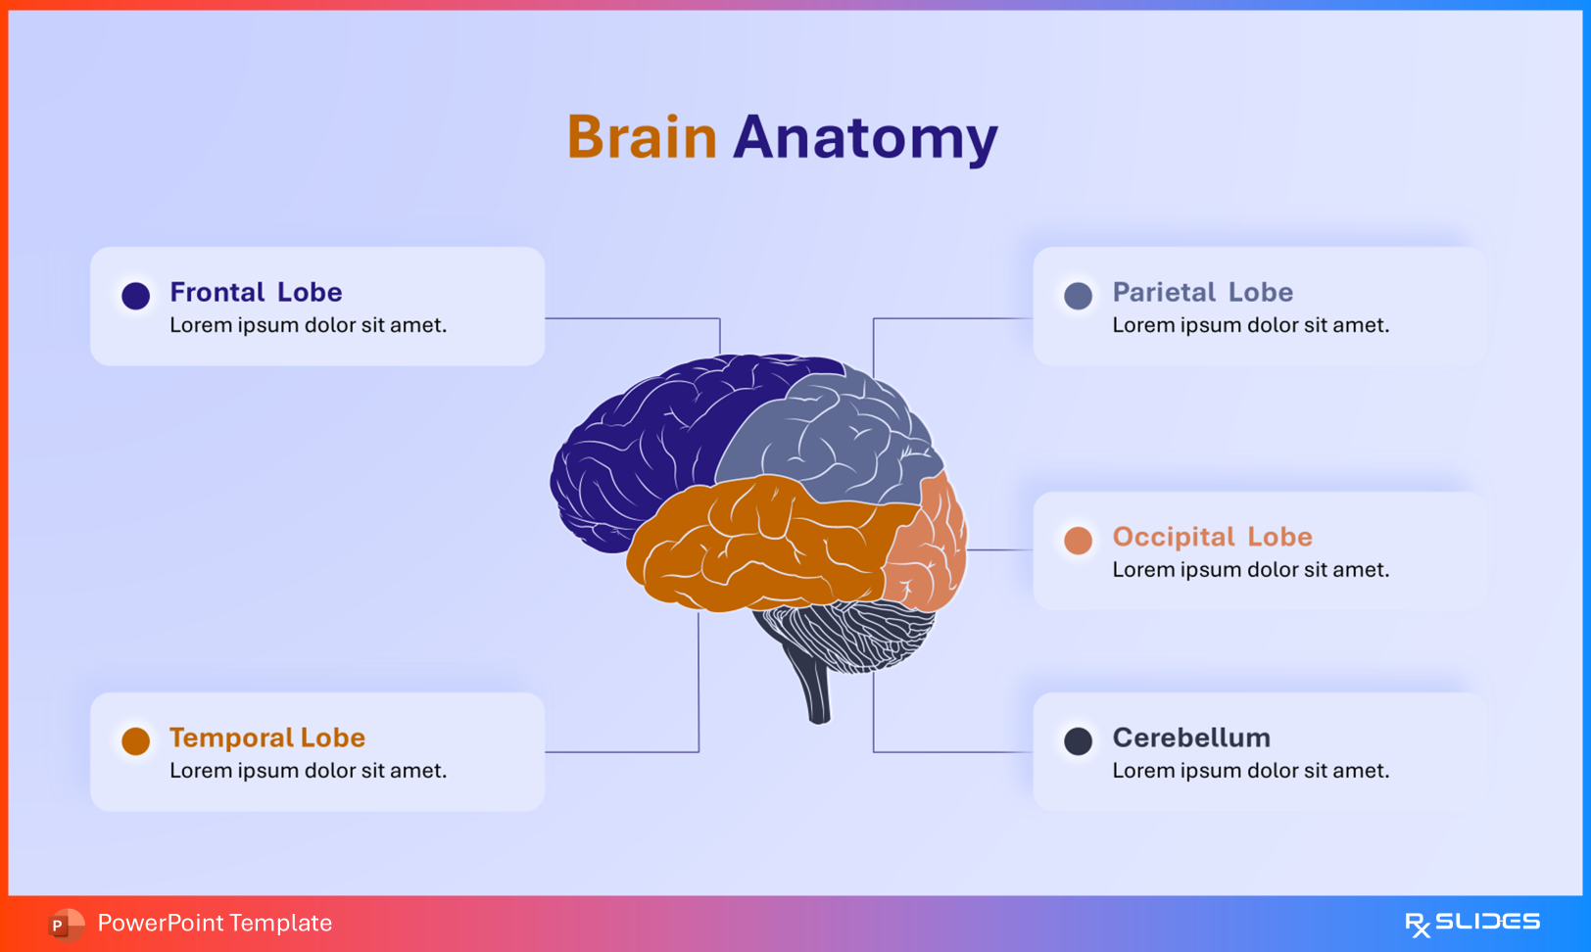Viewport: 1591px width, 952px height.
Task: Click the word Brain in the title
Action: (642, 137)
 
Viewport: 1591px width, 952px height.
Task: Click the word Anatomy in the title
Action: (865, 137)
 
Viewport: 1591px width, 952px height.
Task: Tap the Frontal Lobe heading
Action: (256, 292)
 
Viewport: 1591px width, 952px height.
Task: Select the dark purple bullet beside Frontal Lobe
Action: (136, 295)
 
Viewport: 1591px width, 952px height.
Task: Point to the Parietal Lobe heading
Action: (1202, 292)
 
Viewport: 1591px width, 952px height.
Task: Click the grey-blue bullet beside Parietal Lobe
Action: (1078, 296)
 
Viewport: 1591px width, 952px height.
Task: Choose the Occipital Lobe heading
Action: (1212, 537)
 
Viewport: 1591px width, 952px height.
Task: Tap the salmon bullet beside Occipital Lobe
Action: (1078, 540)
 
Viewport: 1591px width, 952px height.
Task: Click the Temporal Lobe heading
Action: (266, 738)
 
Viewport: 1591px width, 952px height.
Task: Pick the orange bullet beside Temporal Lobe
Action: (136, 740)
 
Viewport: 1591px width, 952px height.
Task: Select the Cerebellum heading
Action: (1191, 738)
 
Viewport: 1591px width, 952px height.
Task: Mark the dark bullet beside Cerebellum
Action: (1078, 740)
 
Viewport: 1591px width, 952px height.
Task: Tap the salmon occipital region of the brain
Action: (931, 548)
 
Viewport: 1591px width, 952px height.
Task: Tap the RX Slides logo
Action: (1471, 923)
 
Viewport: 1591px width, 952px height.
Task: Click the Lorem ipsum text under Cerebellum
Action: (1250, 771)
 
